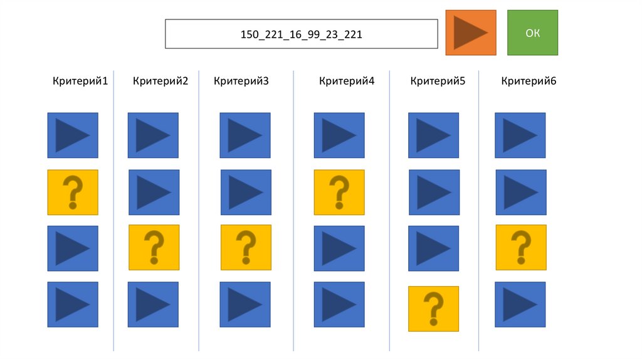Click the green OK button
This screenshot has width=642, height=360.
(532, 33)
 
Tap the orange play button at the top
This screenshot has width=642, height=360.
(471, 33)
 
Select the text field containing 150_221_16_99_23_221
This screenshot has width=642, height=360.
(301, 34)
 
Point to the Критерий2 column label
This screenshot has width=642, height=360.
(160, 80)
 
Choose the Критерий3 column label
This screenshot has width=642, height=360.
(241, 80)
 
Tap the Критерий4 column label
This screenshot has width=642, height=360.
(346, 80)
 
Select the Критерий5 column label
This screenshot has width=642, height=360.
(438, 80)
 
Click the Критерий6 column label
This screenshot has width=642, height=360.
(529, 80)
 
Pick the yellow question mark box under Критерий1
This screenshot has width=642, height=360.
(73, 193)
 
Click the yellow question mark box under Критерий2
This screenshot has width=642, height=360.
(154, 247)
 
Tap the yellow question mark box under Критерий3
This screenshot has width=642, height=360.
(246, 247)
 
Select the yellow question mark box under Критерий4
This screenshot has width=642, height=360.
(339, 193)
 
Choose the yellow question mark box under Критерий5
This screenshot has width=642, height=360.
(433, 309)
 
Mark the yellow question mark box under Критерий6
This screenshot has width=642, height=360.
(520, 247)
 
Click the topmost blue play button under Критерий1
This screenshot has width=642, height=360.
(73, 135)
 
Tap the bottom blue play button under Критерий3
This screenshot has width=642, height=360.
(245, 304)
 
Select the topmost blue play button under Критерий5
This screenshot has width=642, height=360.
(433, 135)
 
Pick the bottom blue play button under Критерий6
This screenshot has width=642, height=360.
(520, 304)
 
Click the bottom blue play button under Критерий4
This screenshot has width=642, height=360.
(339, 304)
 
